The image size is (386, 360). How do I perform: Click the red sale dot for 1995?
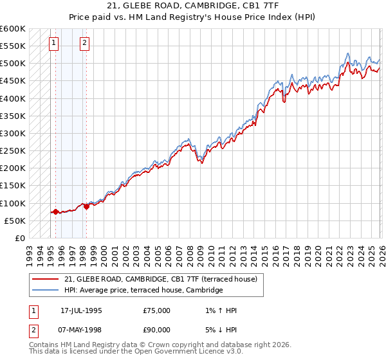55,212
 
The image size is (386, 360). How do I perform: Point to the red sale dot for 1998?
86,206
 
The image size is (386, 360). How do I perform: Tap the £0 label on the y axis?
20,238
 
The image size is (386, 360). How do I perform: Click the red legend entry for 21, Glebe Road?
160,279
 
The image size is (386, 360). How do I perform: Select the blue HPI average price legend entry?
143,291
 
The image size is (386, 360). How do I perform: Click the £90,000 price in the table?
157,332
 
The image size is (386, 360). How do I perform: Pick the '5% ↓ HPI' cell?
219,332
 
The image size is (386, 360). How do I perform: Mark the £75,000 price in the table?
157,310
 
